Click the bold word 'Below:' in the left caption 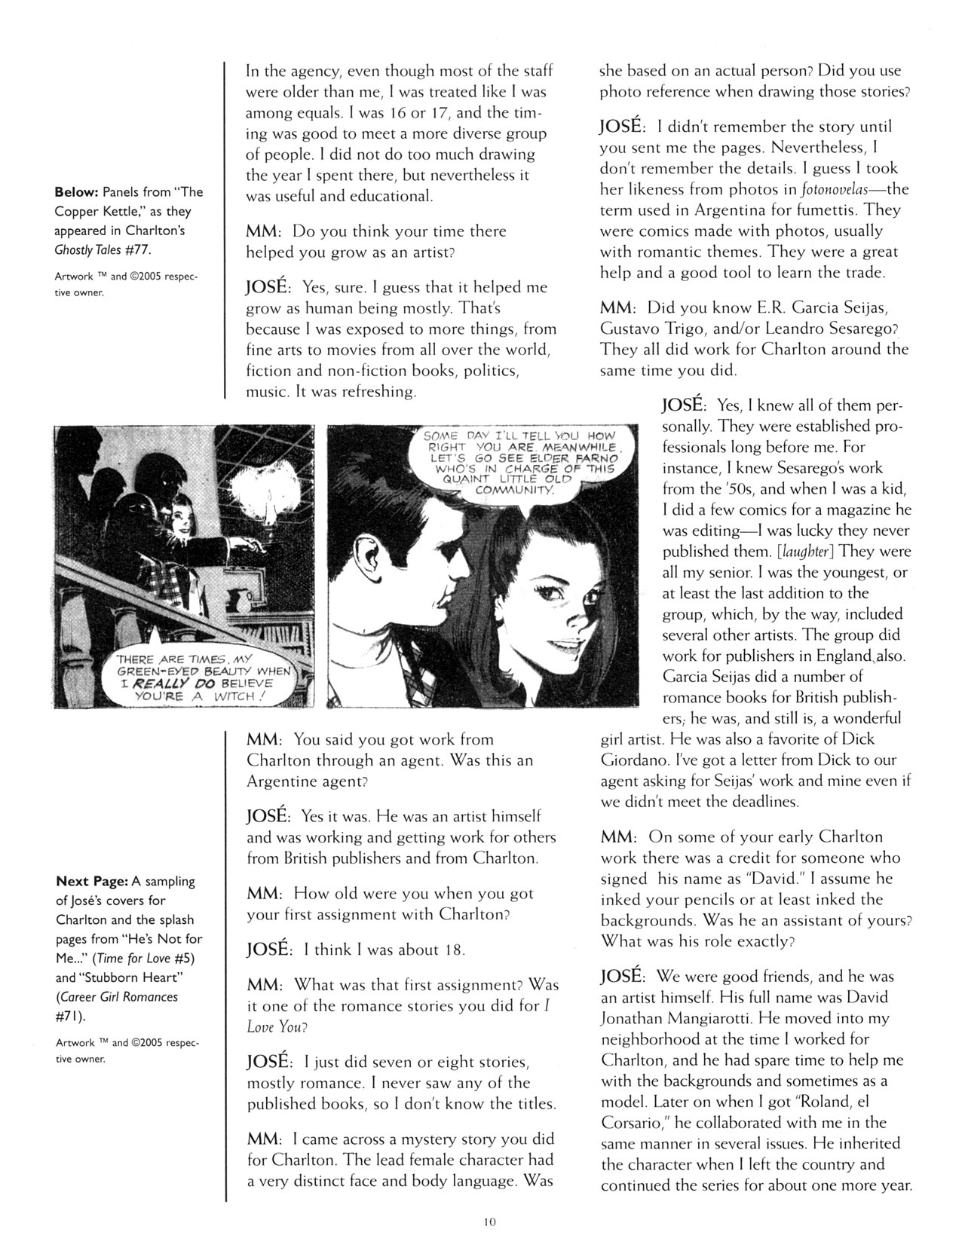click(78, 192)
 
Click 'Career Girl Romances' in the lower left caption click(118, 997)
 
